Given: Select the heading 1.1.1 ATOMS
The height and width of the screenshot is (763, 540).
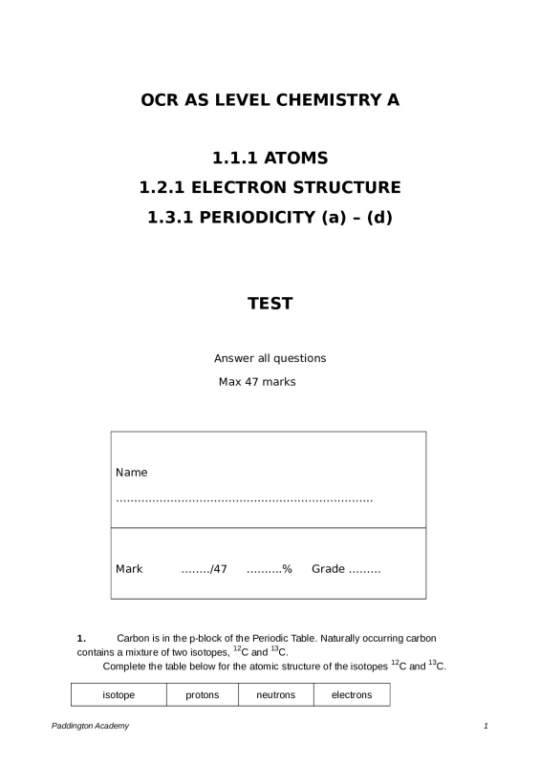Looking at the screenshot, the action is tap(270, 158).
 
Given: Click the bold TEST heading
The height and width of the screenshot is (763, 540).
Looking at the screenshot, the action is tap(270, 304).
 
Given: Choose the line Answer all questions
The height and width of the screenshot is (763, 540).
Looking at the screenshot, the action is tap(270, 358).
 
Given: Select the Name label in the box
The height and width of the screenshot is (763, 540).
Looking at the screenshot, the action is tap(132, 473).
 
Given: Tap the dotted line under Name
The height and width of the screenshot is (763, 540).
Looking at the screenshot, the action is tap(244, 499).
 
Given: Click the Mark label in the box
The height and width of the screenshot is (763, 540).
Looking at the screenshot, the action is tap(129, 569).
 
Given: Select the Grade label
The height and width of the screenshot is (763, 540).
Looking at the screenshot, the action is tap(328, 569).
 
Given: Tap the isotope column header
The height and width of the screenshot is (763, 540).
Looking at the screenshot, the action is tap(119, 695).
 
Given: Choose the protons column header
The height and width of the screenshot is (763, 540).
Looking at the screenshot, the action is tap(203, 695).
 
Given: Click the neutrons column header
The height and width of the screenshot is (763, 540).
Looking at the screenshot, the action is tap(276, 695).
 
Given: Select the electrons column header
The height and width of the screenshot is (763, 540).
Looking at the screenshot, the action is tap(352, 695).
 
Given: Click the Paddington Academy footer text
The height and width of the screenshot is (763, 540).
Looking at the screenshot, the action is tap(91, 727).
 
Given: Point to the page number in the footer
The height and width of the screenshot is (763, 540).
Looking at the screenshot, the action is tap(486, 727).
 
